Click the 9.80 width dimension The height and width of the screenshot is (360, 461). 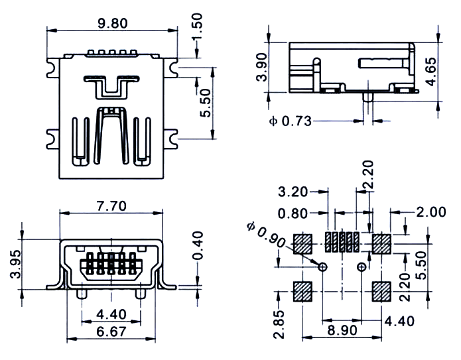(113, 23)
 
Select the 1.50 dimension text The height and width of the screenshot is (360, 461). (197, 26)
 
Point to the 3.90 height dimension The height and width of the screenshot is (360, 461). (261, 67)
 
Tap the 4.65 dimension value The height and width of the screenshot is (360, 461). (431, 72)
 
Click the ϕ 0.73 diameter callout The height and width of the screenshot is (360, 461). (290, 121)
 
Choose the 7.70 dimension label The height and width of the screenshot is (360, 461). (111, 206)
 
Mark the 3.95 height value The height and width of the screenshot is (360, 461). (15, 264)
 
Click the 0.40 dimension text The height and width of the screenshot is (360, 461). (198, 245)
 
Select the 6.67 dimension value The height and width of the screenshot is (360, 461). (111, 331)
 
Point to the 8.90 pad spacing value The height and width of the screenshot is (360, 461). (342, 330)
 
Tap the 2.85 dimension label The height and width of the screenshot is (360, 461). (279, 324)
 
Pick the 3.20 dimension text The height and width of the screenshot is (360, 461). (293, 192)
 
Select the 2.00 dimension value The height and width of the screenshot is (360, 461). (431, 212)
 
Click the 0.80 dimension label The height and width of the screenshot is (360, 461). (293, 213)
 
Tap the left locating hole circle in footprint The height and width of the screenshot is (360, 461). (322, 267)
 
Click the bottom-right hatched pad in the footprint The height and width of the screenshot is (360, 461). (381, 292)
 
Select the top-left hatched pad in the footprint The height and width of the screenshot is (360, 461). (302, 244)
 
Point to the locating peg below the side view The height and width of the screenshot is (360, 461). (368, 97)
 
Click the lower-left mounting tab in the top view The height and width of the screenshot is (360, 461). (53, 139)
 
